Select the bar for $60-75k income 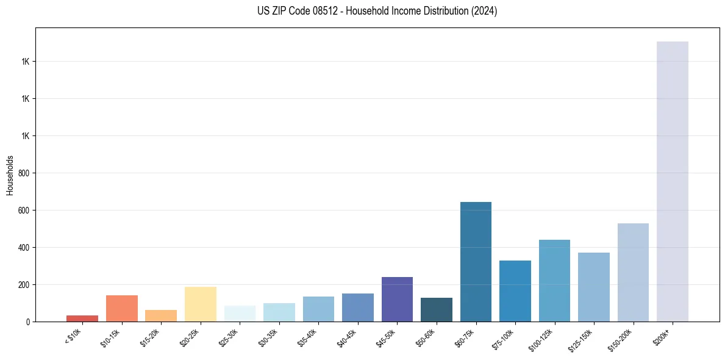(x=476, y=262)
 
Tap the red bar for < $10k (x=82, y=318)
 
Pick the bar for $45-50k (x=397, y=299)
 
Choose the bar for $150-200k (x=633, y=272)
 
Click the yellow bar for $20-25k (x=201, y=304)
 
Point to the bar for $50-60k (x=437, y=309)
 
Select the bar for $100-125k (x=554, y=281)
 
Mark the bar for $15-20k (x=161, y=315)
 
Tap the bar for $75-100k (x=515, y=291)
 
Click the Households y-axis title (x=10, y=175)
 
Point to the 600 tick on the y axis (x=24, y=211)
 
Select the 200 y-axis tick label (x=24, y=285)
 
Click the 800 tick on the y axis (x=24, y=173)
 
